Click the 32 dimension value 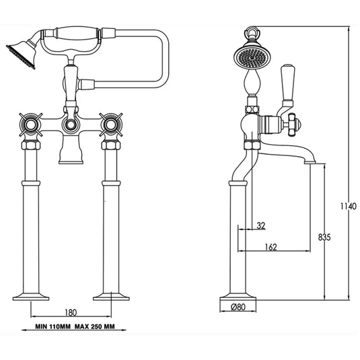pos(260,226)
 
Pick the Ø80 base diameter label pos(238,308)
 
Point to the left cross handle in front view pos(31,126)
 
